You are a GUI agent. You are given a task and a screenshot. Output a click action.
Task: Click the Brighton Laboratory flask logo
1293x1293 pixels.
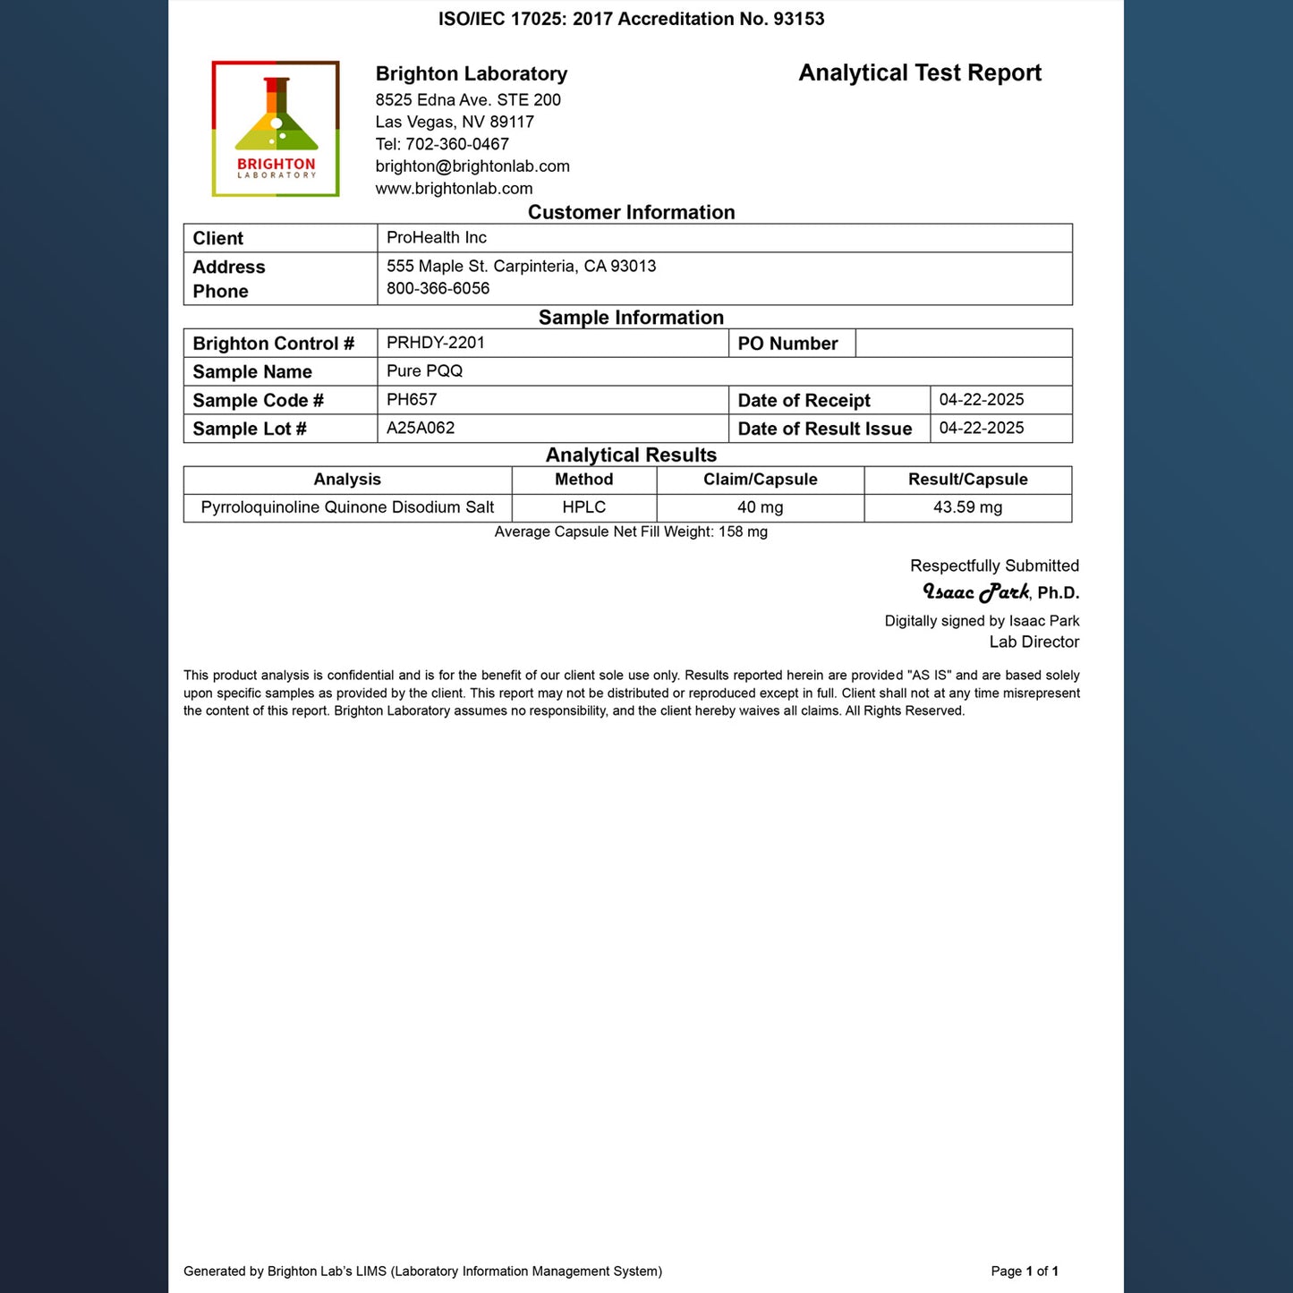[276, 129]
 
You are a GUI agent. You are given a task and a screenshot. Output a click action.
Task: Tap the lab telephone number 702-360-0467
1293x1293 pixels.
[457, 144]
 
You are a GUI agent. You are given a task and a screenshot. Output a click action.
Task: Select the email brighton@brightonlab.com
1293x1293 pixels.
[472, 166]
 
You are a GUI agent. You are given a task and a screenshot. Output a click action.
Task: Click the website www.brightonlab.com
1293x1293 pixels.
[454, 189]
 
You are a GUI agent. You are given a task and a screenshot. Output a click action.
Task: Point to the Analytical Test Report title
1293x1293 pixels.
[920, 73]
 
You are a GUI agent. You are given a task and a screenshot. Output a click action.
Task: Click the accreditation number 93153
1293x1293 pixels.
[798, 19]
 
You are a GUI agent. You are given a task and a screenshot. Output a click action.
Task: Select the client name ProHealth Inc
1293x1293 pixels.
[437, 237]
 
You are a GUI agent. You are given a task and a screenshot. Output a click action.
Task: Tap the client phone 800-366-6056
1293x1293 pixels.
[438, 288]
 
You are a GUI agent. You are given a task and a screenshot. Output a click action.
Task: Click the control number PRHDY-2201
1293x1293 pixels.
[436, 343]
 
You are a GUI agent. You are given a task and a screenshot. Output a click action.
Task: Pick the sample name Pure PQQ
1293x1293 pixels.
[424, 371]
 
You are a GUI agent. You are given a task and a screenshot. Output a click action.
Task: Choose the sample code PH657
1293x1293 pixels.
[412, 400]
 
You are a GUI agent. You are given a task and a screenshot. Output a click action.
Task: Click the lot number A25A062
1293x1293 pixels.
[421, 429]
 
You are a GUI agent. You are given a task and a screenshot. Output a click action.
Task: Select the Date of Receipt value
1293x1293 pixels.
[982, 400]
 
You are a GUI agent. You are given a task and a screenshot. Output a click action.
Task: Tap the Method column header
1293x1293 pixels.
[583, 480]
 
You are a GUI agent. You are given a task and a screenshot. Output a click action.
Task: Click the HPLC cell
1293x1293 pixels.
[583, 507]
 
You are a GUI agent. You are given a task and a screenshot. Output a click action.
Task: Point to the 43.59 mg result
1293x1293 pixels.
[967, 507]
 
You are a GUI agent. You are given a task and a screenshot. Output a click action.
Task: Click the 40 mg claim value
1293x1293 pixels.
[760, 507]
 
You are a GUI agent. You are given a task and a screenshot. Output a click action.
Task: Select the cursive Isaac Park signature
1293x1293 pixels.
[975, 592]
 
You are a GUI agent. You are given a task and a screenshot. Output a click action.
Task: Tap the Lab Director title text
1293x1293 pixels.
[1034, 642]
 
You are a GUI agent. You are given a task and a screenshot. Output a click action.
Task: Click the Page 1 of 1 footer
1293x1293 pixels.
[1025, 1271]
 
